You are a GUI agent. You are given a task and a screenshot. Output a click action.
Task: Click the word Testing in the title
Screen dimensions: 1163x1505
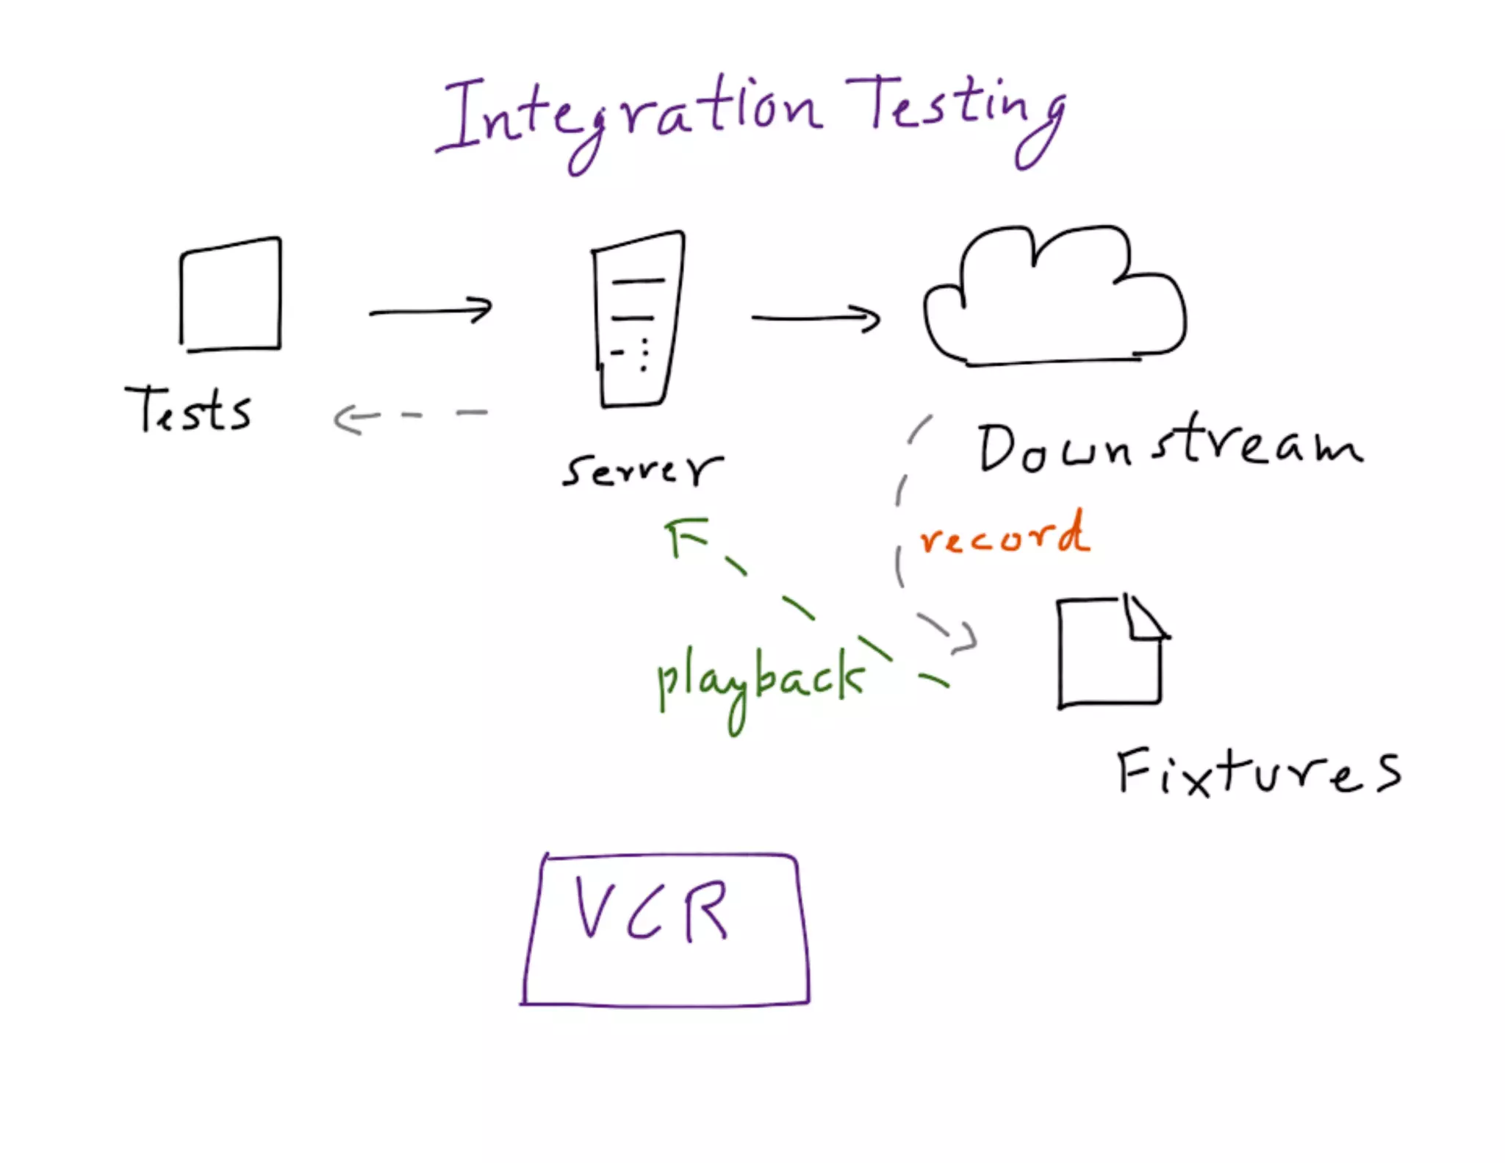coord(955,110)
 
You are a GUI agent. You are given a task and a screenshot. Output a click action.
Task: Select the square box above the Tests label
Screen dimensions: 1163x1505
coord(231,294)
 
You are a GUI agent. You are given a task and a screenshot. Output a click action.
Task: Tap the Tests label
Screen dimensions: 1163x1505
coord(188,410)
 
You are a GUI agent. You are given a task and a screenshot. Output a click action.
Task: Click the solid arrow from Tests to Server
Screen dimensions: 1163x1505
coord(431,311)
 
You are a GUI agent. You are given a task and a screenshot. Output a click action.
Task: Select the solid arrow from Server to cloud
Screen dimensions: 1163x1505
coord(816,318)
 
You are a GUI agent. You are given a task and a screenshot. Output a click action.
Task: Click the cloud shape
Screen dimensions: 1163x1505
coord(1054,301)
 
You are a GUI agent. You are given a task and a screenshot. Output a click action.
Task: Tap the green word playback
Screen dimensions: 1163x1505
coord(760,680)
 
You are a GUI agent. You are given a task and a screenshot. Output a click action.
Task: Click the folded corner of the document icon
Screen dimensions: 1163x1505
coord(1143,618)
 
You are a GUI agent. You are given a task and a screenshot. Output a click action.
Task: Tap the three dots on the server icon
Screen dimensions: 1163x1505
coord(644,354)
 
